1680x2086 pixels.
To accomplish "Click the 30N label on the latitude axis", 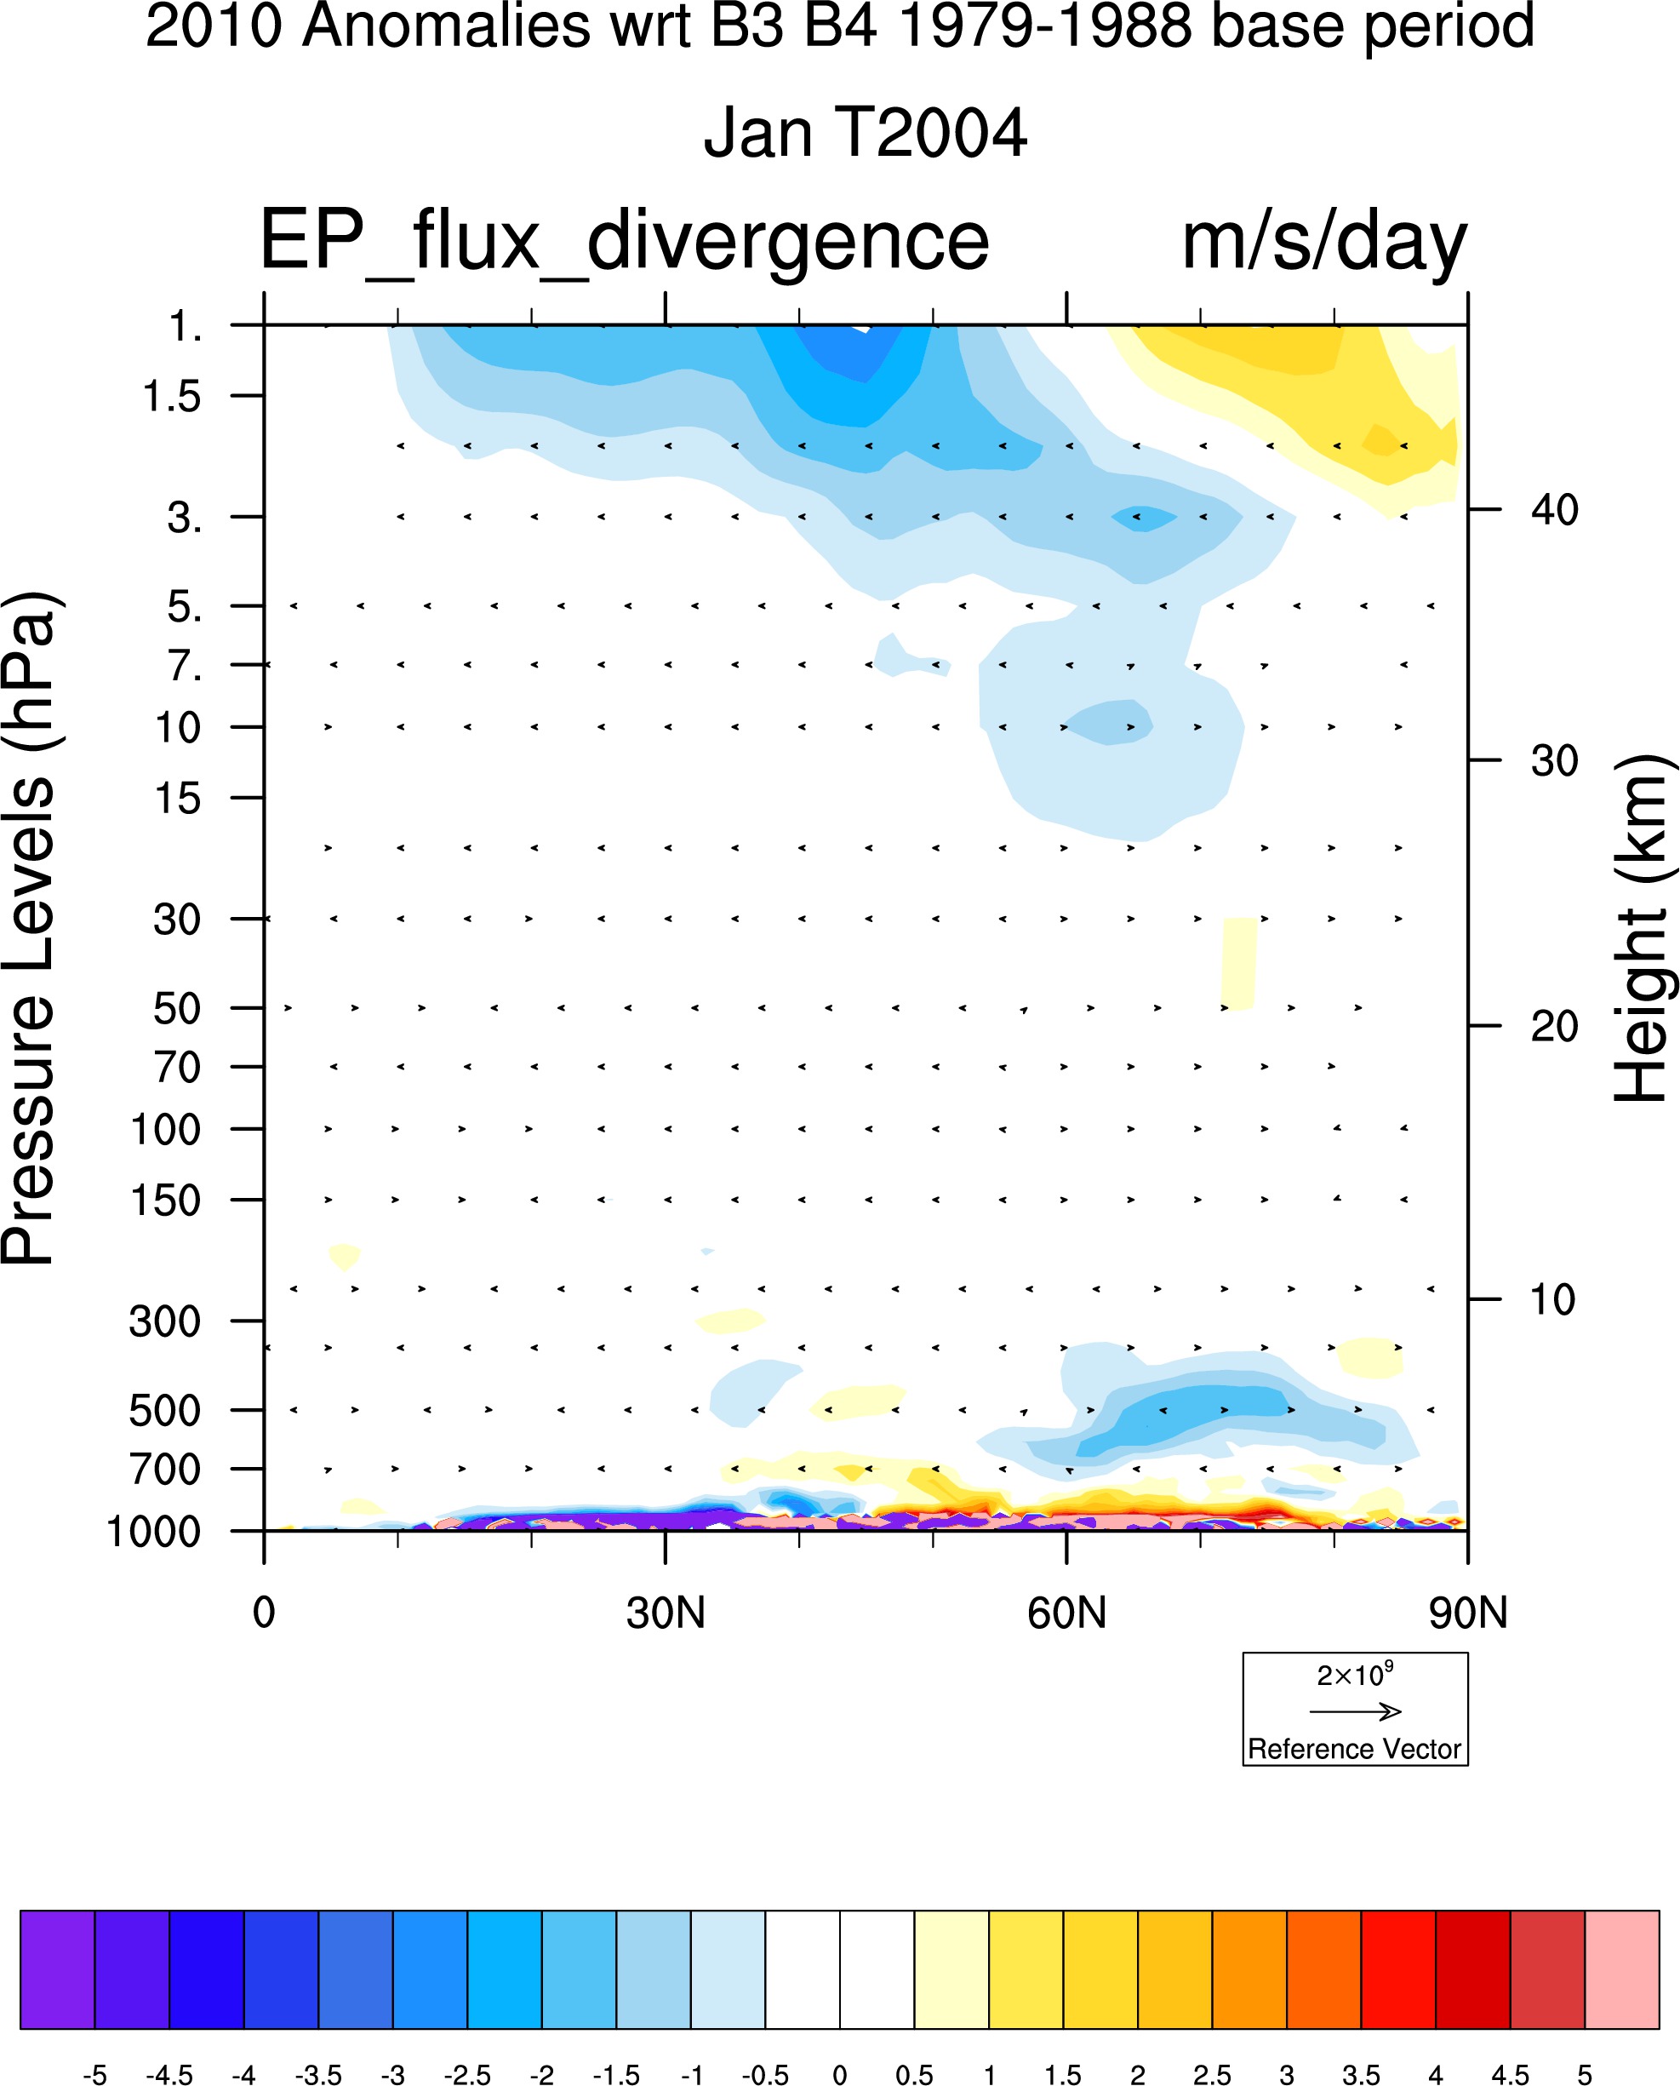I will click(665, 1613).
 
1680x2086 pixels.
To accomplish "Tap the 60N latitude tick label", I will click(1066, 1613).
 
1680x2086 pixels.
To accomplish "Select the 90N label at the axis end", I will click(1468, 1613).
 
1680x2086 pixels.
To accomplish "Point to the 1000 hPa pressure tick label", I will click(153, 1533).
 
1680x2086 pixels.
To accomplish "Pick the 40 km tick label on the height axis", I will click(1554, 509).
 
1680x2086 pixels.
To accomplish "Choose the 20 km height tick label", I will click(1554, 1026).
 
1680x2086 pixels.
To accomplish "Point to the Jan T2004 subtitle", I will click(864, 133).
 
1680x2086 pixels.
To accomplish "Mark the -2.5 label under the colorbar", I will click(466, 2074).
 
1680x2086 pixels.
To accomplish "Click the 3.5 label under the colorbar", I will click(1361, 2074).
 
